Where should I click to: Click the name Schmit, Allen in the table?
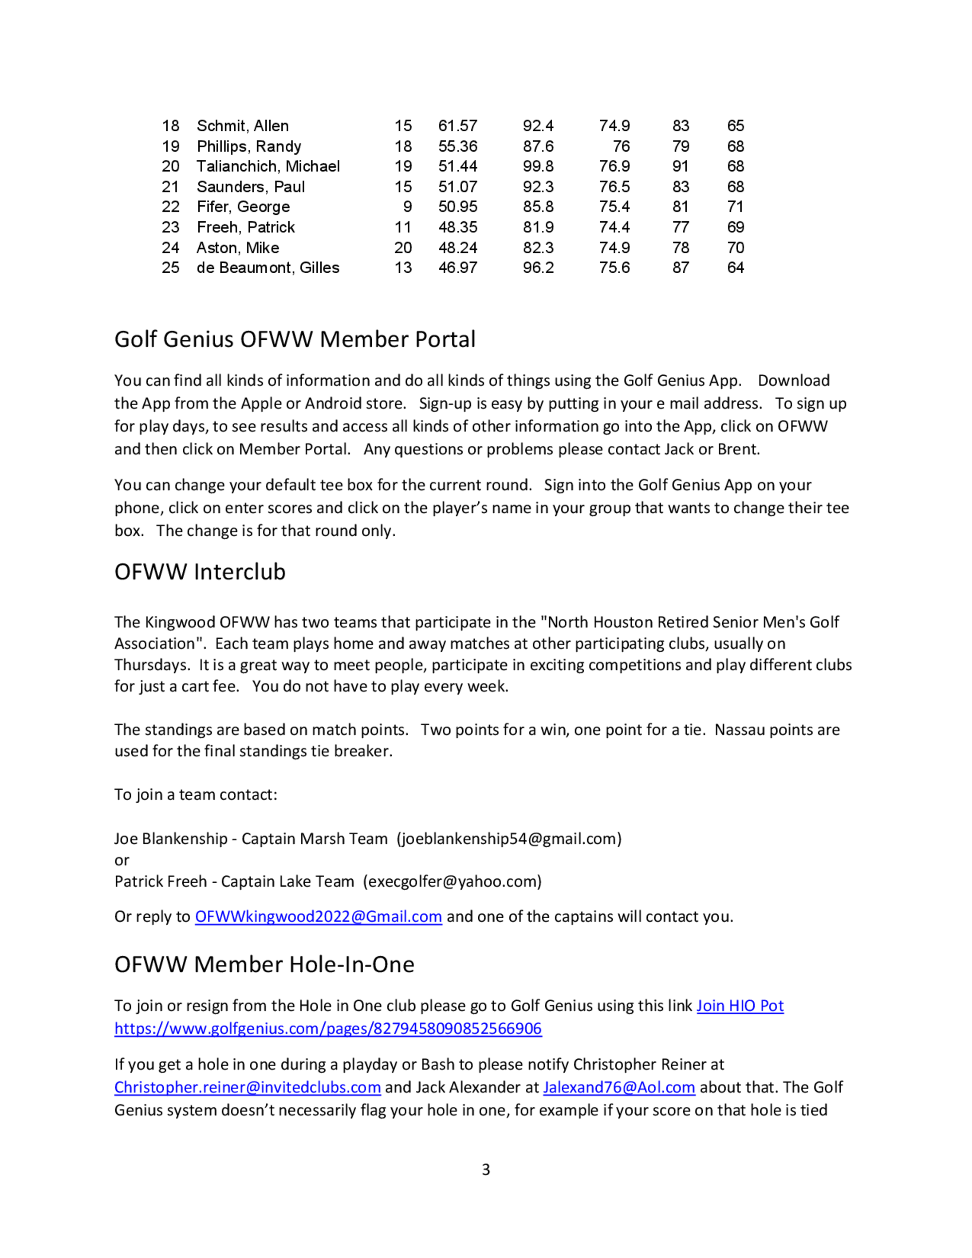pyautogui.click(x=243, y=125)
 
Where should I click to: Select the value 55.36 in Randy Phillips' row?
pyautogui.click(x=457, y=146)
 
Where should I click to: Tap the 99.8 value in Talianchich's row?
pyautogui.click(x=538, y=166)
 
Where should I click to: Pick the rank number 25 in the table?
pyautogui.click(x=171, y=268)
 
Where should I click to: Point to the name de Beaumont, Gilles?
pyautogui.click(x=268, y=268)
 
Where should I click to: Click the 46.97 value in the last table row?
pyautogui.click(x=457, y=268)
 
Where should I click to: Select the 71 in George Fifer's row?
pyautogui.click(x=735, y=207)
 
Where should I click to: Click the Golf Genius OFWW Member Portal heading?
pyautogui.click(x=295, y=339)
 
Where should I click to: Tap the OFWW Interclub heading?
pyautogui.click(x=200, y=572)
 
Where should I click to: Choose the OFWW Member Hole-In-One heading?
pyautogui.click(x=264, y=965)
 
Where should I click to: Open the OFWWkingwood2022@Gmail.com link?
pyautogui.click(x=318, y=916)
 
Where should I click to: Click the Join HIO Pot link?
pyautogui.click(x=740, y=1006)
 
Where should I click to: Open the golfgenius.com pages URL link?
pyautogui.click(x=328, y=1029)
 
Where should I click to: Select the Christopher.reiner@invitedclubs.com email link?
pyautogui.click(x=247, y=1087)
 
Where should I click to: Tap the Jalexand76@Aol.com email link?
pyautogui.click(x=619, y=1087)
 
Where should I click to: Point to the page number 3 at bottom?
pyautogui.click(x=486, y=1170)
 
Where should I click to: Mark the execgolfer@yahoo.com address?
pyautogui.click(x=452, y=882)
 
